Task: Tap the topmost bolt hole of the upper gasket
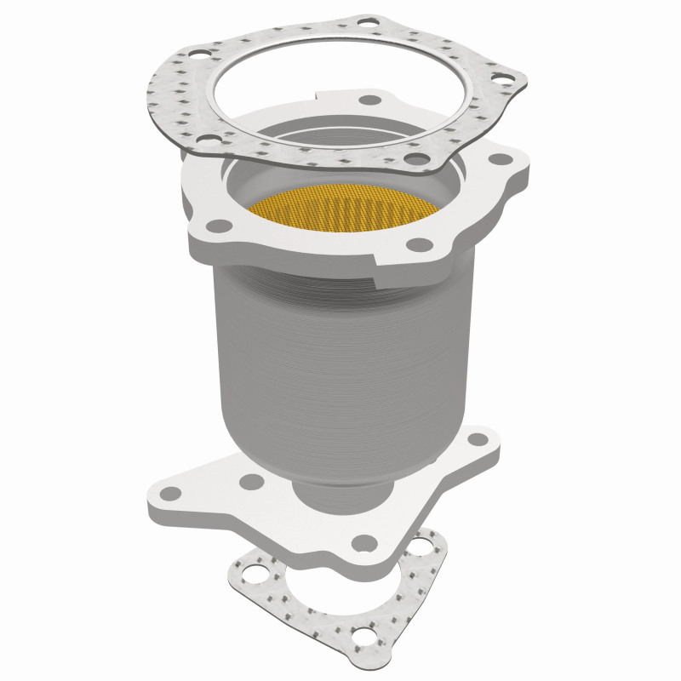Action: pos(368,21)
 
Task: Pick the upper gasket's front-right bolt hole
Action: pos(414,157)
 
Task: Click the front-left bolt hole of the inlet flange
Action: pos(219,226)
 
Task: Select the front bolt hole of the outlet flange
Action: pos(364,541)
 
